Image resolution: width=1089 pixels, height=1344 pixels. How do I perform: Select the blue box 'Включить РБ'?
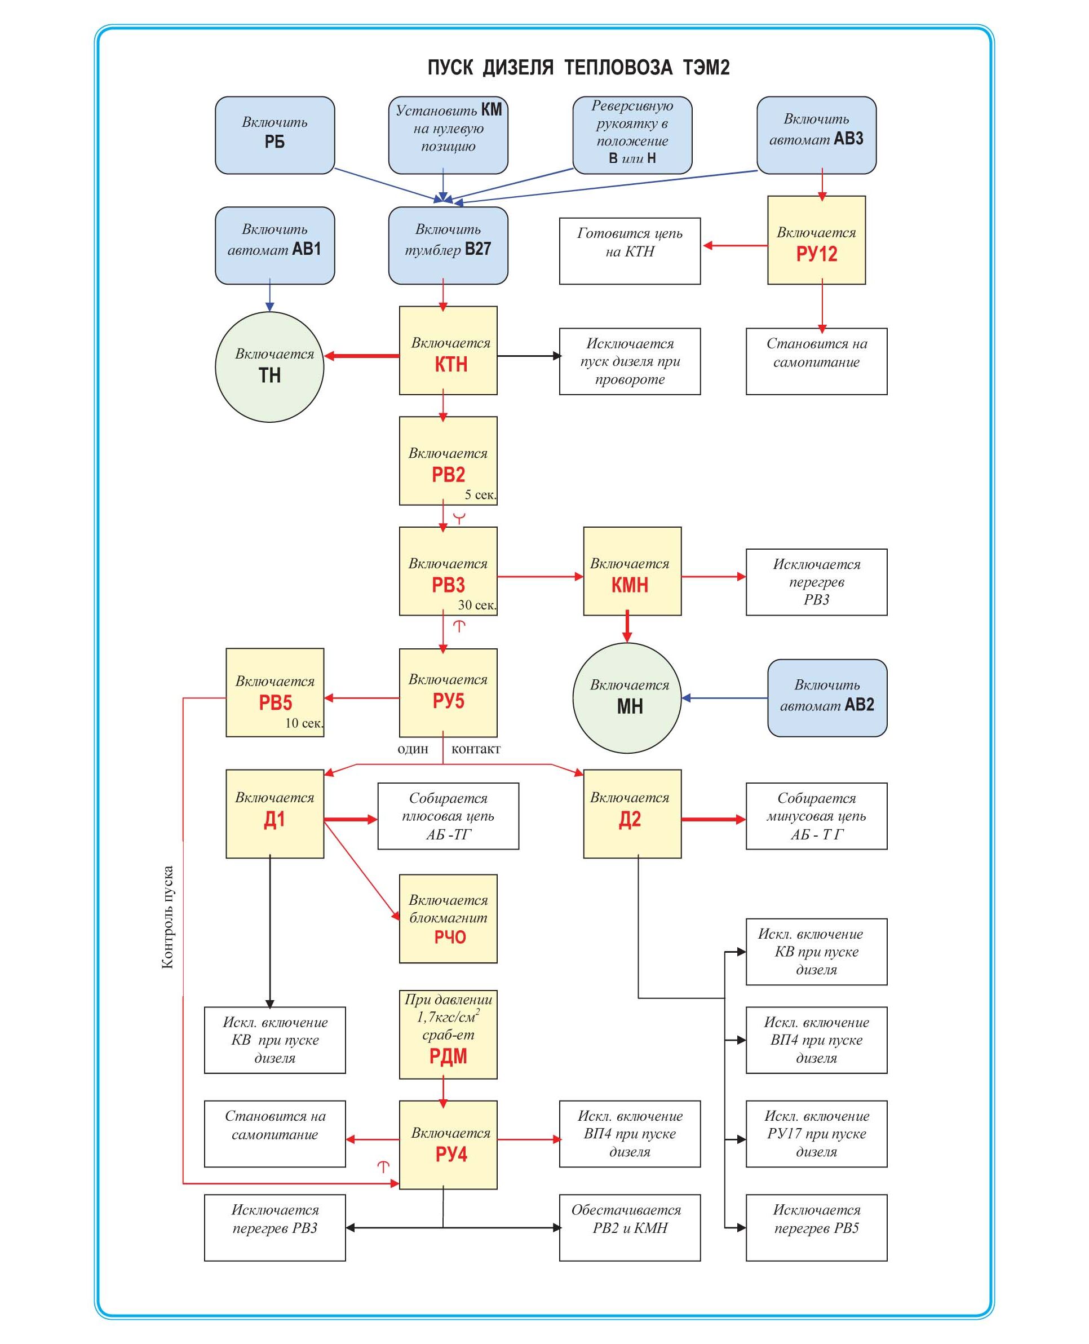pos(275,135)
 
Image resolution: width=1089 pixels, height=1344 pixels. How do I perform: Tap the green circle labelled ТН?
pos(270,367)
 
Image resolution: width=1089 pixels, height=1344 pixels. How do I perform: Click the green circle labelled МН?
pos(627,698)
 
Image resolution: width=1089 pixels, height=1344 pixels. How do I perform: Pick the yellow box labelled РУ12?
pos(816,240)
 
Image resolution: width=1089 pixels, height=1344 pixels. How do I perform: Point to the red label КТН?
pos(451,365)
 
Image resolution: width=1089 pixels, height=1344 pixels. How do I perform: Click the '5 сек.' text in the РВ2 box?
pos(480,495)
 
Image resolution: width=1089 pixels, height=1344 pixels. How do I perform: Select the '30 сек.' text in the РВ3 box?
pos(477,605)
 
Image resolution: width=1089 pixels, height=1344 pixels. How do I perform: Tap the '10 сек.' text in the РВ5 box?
pos(304,723)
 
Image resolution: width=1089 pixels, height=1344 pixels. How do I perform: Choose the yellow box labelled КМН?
pos(632,571)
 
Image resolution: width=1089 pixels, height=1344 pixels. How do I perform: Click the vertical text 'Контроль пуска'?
pos(167,917)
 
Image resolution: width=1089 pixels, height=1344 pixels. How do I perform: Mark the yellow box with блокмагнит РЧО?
pos(448,918)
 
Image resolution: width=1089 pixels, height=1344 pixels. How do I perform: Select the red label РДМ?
pos(448,1056)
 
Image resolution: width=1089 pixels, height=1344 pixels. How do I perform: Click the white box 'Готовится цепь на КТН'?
pos(630,251)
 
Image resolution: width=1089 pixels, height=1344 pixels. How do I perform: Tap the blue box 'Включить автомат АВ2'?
pos(827,698)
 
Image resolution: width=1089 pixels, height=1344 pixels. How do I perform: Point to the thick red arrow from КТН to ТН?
pos(362,356)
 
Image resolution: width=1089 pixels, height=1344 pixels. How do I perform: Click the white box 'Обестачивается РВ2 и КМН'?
pos(630,1227)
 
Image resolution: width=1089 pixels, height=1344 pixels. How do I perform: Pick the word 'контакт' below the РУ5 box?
pos(476,749)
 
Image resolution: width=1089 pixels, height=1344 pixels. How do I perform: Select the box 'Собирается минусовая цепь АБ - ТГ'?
pos(816,816)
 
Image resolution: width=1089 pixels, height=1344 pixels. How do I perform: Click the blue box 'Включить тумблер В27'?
pos(448,245)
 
